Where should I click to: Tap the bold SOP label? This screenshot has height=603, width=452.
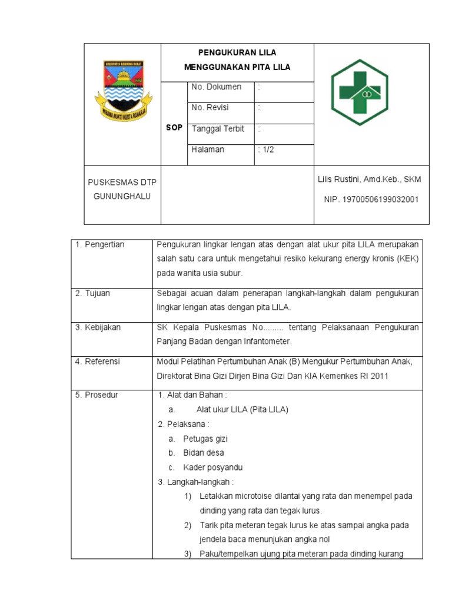(x=174, y=128)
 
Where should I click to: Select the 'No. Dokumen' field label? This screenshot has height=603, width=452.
(x=216, y=87)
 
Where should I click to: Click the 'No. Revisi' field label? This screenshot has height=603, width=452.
(x=210, y=108)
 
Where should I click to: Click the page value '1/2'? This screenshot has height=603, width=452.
(x=267, y=150)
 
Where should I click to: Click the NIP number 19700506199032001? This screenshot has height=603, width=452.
(x=380, y=199)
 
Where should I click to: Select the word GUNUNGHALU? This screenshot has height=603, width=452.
(x=122, y=196)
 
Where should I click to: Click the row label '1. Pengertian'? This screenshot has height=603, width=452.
(x=99, y=245)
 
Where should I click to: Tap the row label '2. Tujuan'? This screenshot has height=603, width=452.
(x=92, y=293)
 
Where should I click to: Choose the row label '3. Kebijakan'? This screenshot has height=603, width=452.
(x=98, y=327)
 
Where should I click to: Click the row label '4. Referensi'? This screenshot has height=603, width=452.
(x=97, y=362)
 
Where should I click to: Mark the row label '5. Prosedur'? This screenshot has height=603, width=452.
(x=97, y=395)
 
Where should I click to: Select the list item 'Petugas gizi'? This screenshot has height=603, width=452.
(x=205, y=439)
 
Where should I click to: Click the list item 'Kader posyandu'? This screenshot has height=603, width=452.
(x=212, y=468)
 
